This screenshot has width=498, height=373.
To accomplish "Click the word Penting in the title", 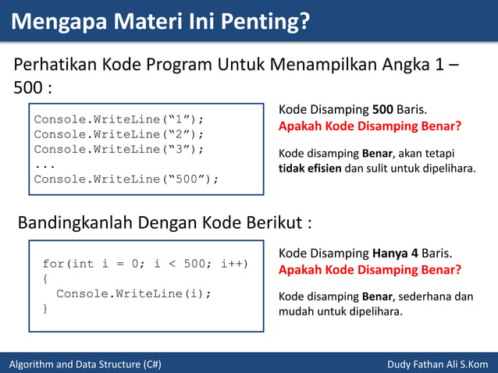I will pyautogui.click(x=257, y=21).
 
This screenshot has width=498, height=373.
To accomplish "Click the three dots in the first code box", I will pyautogui.click(x=44, y=164).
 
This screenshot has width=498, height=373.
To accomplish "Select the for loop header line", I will pyautogui.click(x=145, y=264).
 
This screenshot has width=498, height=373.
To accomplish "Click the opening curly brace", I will pyautogui.click(x=45, y=279).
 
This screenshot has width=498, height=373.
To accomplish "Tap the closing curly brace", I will pyautogui.click(x=45, y=309).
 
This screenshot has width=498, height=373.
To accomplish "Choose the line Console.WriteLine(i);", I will pyautogui.click(x=133, y=293).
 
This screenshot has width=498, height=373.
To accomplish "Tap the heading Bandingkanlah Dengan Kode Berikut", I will pyautogui.click(x=165, y=223).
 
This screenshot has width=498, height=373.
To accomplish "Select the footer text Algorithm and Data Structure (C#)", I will pyautogui.click(x=85, y=364).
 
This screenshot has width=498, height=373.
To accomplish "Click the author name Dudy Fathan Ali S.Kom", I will pyautogui.click(x=437, y=364).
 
